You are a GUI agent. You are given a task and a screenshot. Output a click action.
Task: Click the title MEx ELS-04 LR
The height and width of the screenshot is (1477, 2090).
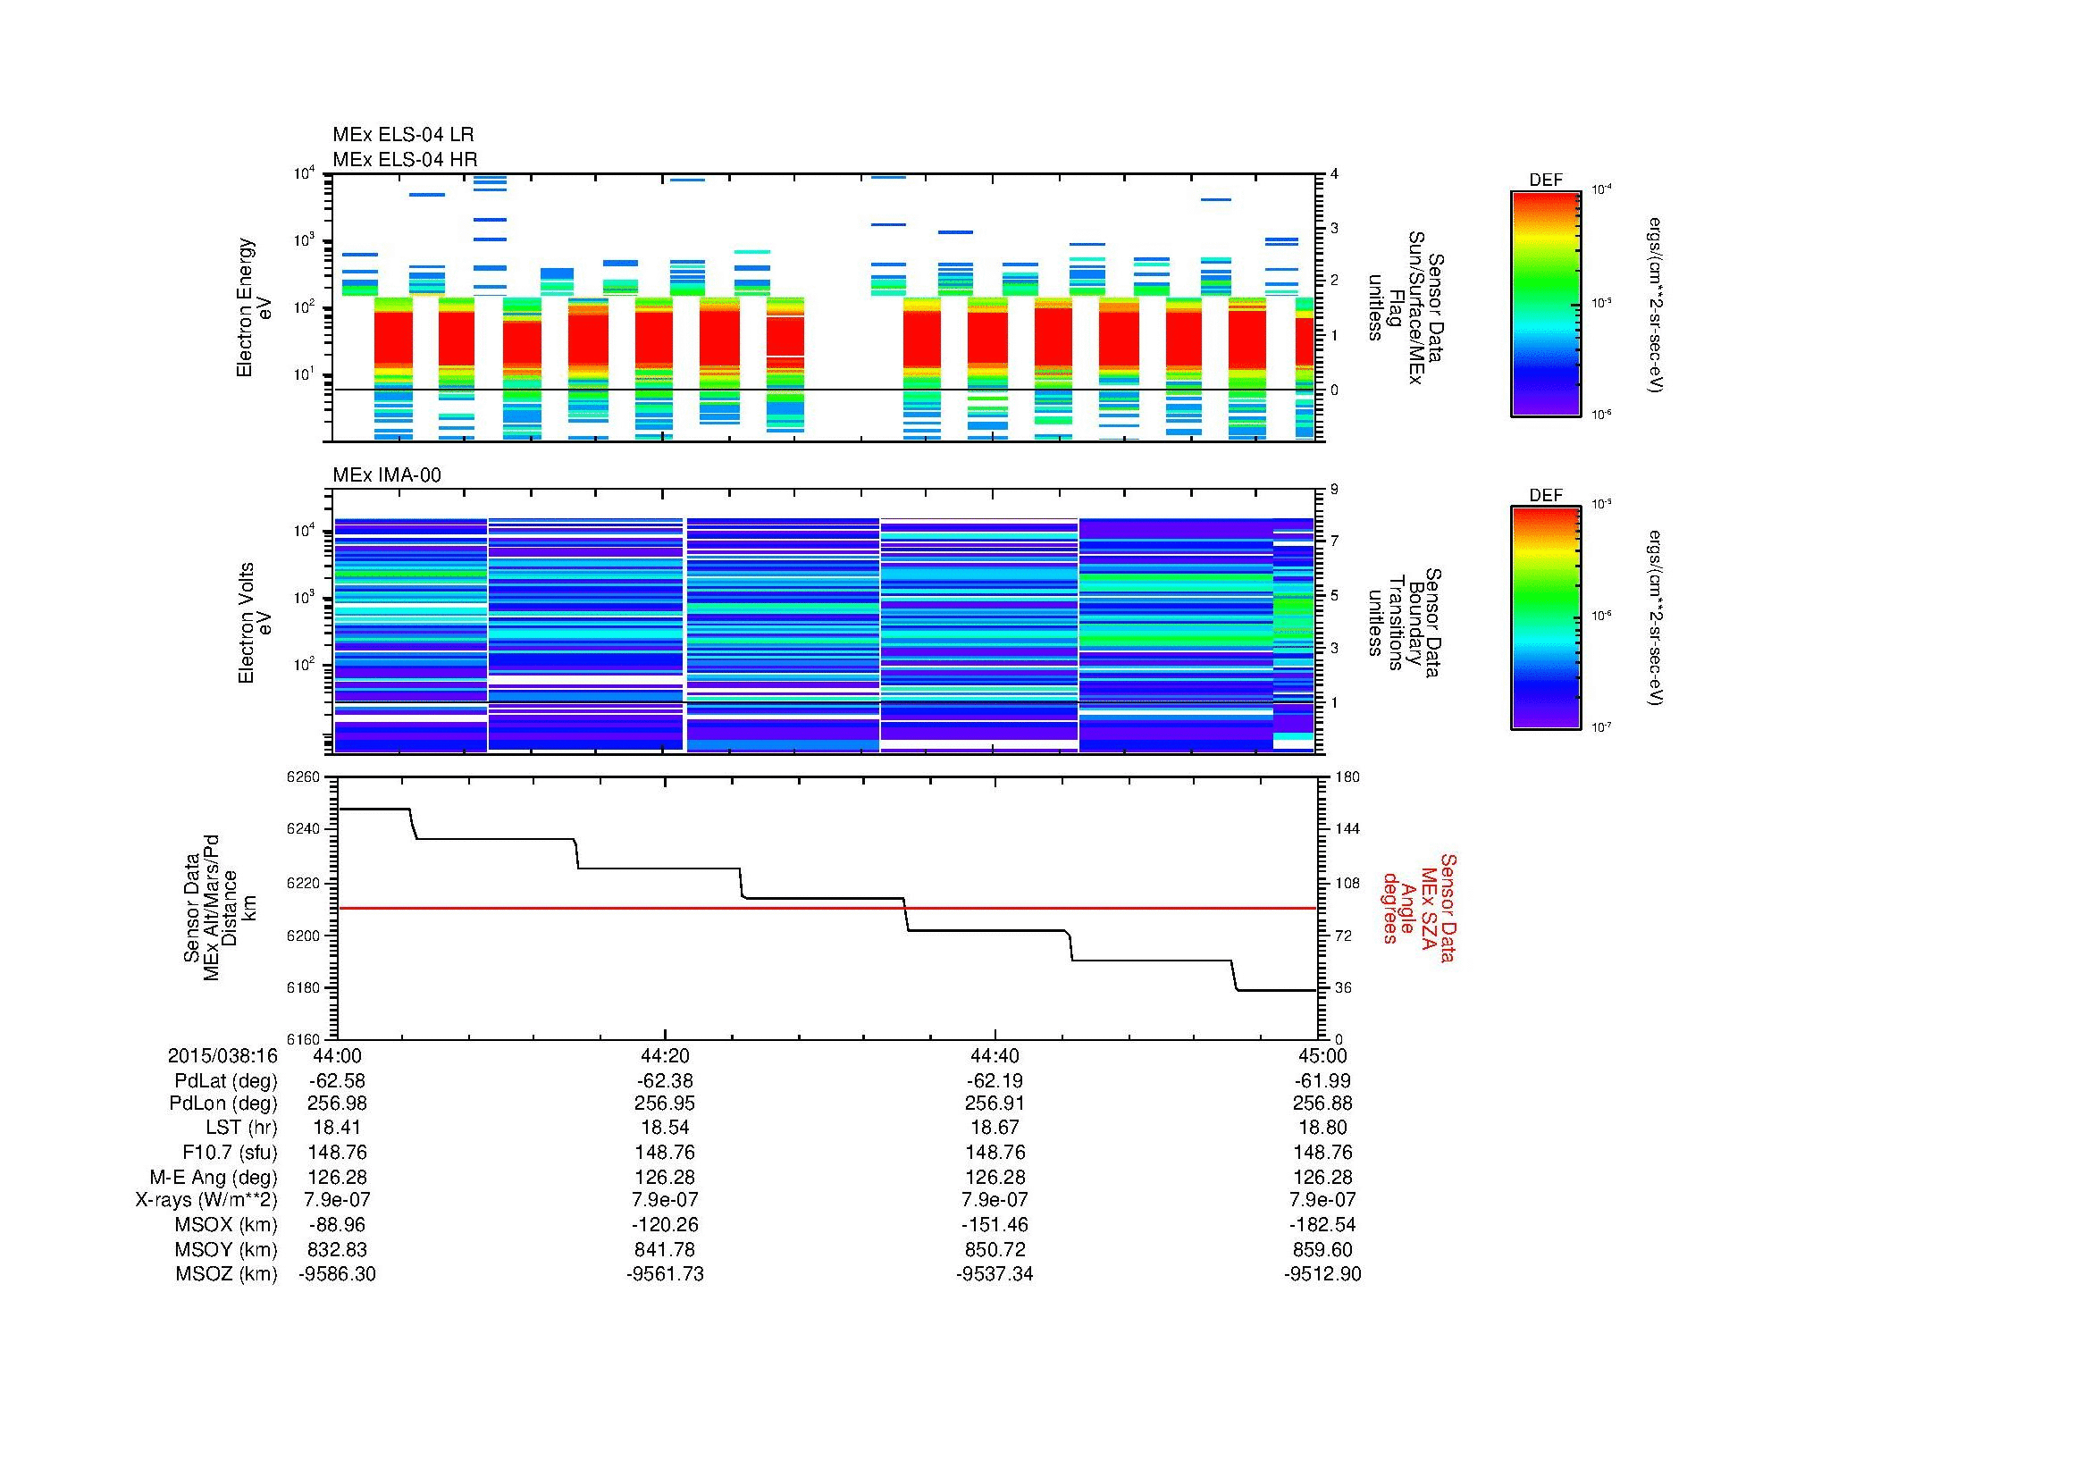pyautogui.click(x=402, y=135)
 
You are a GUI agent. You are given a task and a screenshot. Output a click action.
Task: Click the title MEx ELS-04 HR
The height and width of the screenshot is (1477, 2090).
pyautogui.click(x=404, y=159)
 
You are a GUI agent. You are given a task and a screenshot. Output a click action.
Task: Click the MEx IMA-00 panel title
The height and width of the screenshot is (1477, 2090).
pyautogui.click(x=387, y=475)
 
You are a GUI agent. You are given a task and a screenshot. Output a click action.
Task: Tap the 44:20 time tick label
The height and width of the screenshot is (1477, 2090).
pyautogui.click(x=665, y=1055)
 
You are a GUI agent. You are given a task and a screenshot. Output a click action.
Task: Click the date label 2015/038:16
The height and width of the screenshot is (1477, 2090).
pyautogui.click(x=222, y=1055)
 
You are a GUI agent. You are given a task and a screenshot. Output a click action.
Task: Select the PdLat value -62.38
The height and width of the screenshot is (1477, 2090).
pyautogui.click(x=665, y=1081)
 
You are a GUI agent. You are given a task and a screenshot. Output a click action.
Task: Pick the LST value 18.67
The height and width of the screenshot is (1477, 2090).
pyautogui.click(x=994, y=1128)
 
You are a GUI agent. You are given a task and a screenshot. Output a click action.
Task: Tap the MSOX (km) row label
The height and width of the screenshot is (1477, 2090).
pyautogui.click(x=226, y=1225)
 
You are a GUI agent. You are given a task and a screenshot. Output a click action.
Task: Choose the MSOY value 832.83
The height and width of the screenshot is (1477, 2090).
pyautogui.click(x=337, y=1249)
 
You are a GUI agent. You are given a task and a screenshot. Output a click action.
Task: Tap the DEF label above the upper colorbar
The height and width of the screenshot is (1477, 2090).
pyautogui.click(x=1545, y=180)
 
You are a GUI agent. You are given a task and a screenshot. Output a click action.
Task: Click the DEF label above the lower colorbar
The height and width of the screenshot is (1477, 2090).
pyautogui.click(x=1545, y=495)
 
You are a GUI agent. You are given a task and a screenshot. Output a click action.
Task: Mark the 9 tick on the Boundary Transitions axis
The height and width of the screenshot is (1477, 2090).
pyautogui.click(x=1334, y=490)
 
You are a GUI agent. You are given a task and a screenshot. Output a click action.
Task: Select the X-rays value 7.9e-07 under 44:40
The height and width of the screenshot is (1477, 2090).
pyautogui.click(x=994, y=1200)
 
